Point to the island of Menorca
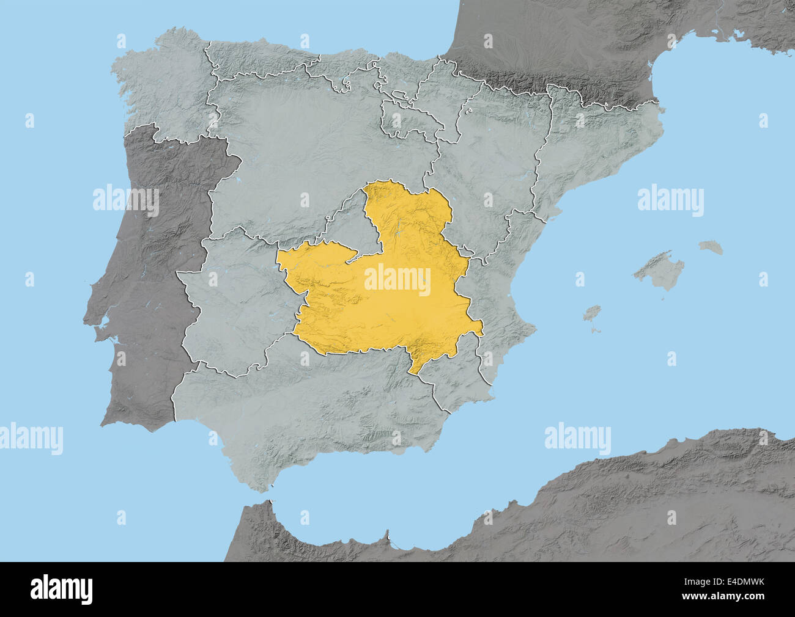pos(711,247)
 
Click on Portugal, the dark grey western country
pos(147,275)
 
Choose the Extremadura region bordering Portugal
pos(232,299)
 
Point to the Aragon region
pos(495,153)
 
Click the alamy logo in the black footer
pos(62,589)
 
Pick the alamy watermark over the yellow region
pos(398,280)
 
